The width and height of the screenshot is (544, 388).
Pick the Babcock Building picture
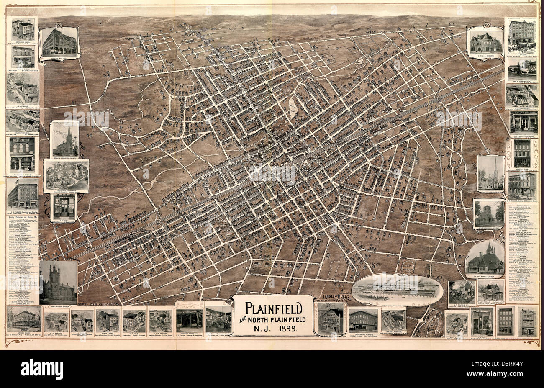[59, 43]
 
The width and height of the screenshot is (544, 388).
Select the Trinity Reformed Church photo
[64, 140]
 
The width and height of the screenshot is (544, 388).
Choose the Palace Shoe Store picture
[523, 122]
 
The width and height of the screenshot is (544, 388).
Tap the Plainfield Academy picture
[490, 291]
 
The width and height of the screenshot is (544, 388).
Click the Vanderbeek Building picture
[363, 320]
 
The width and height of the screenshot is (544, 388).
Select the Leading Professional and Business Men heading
[23, 218]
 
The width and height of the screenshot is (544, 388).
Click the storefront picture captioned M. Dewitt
[64, 206]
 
